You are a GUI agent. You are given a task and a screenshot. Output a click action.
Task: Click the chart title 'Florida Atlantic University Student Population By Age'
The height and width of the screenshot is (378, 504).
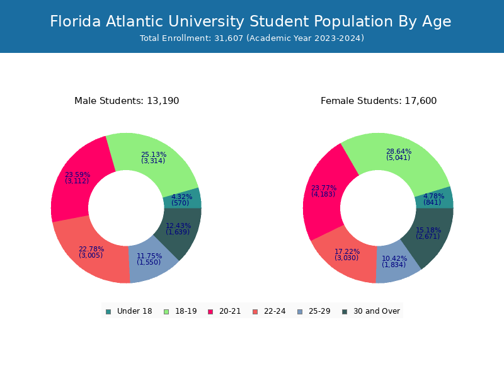coord(251,21)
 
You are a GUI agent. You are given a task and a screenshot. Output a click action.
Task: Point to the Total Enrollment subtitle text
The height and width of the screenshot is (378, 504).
coord(252,38)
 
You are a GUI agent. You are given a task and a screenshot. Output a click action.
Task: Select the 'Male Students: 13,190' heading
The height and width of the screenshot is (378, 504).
coord(127,101)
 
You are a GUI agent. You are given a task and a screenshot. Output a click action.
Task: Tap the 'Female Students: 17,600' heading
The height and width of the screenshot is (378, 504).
coord(379,101)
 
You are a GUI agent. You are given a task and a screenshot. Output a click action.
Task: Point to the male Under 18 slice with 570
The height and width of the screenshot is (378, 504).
coord(183,199)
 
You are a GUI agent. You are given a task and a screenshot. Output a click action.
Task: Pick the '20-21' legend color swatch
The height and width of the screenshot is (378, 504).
coord(210,311)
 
